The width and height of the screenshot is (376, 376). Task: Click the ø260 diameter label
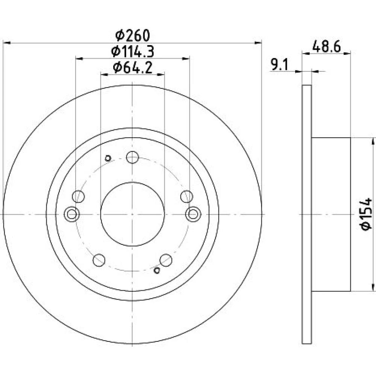click(x=132, y=35)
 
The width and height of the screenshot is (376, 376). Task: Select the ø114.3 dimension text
click(x=132, y=51)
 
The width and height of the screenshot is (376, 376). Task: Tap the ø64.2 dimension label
click(x=133, y=68)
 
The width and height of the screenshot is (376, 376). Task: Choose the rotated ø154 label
click(x=366, y=214)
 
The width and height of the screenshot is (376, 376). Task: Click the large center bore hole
click(x=133, y=214)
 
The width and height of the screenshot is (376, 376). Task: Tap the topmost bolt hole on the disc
click(x=133, y=157)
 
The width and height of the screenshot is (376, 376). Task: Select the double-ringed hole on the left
click(x=72, y=214)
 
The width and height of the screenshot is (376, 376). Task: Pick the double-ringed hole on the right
click(x=193, y=214)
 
